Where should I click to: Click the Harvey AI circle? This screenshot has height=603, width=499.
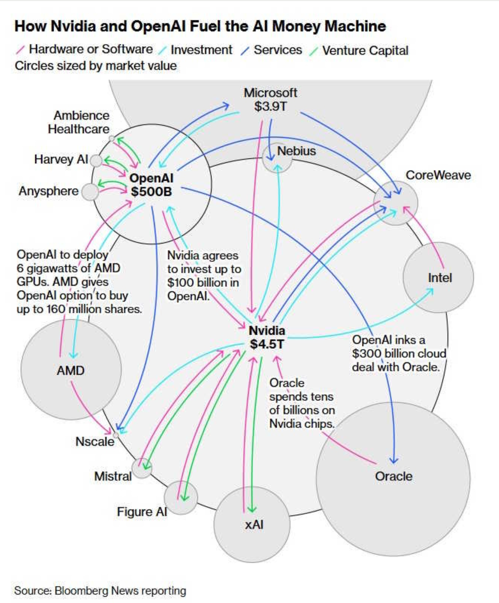click(96, 161)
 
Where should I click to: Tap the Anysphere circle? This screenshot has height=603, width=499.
click(90, 192)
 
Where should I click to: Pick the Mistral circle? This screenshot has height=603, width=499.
click(142, 468)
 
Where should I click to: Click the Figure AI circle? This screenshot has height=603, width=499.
click(181, 497)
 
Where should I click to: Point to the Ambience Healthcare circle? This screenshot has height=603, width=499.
click(112, 138)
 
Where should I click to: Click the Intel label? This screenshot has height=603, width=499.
click(440, 278)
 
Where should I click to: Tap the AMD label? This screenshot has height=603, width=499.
click(71, 371)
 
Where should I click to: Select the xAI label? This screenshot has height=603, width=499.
click(254, 525)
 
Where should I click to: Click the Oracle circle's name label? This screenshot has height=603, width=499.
click(394, 476)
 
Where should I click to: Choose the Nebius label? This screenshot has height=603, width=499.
click(296, 151)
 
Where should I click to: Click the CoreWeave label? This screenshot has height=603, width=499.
click(438, 175)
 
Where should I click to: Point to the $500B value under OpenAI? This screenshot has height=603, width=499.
click(151, 191)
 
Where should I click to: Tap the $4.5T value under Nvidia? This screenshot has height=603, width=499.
click(267, 344)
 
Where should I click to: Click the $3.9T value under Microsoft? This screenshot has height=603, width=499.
click(270, 107)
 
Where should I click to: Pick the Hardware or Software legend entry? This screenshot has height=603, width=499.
click(90, 49)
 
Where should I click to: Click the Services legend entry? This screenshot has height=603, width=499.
click(278, 50)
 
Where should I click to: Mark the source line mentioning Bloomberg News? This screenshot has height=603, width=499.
click(100, 591)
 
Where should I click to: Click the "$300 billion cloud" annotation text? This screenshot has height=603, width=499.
click(399, 353)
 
